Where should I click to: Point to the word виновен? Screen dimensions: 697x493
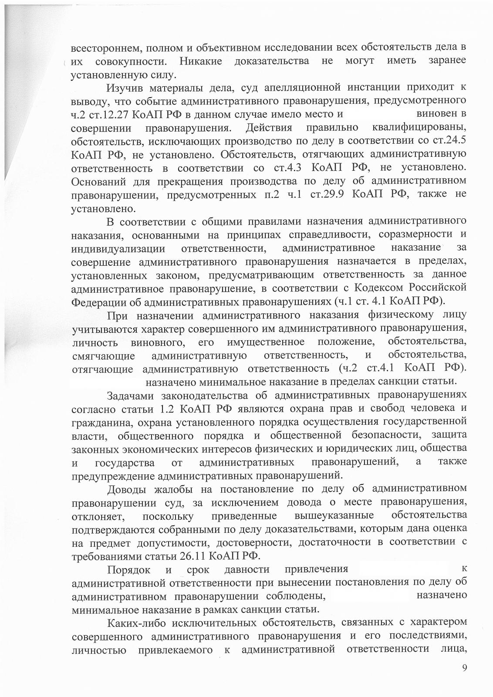point(438,115)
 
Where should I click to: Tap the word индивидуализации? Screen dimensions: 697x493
point(118,249)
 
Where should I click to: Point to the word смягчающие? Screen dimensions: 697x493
point(104,355)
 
